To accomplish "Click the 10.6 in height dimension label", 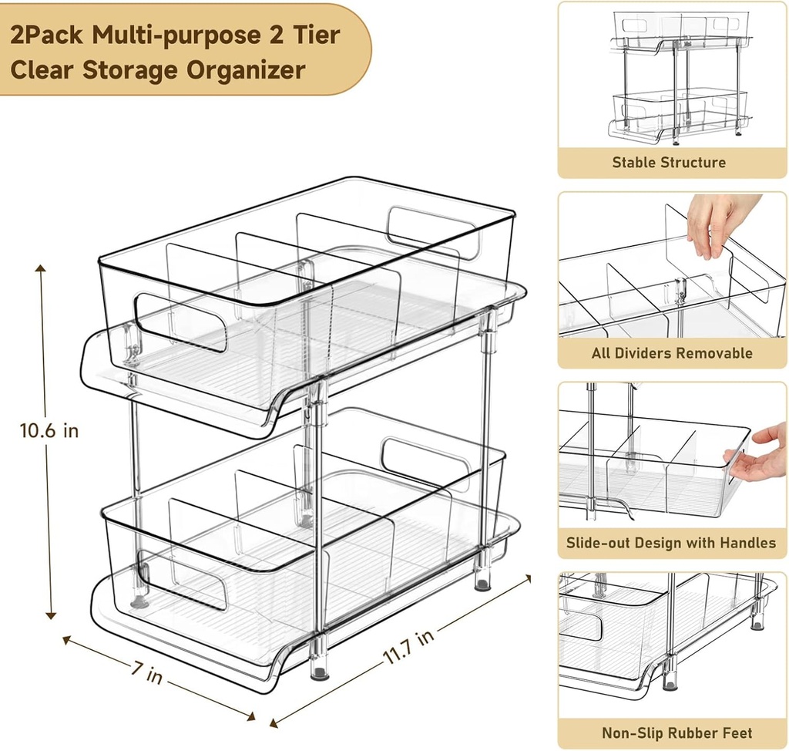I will (49, 430).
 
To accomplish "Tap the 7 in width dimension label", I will (146, 673).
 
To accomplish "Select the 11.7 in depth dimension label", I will (408, 647).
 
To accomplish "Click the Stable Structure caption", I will (669, 163).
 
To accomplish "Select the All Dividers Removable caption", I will (672, 353).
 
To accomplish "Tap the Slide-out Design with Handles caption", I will (671, 543).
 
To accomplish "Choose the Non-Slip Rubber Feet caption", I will (677, 732).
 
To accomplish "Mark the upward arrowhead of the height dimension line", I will (41, 268).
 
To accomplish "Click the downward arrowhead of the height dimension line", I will (51, 615).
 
